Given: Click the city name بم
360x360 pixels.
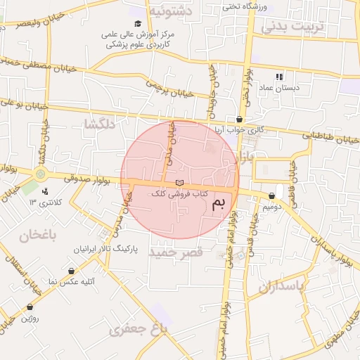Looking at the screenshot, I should [x=219, y=205].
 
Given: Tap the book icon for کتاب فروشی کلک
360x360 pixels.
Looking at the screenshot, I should [x=178, y=182].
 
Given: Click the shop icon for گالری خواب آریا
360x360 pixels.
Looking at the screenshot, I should [x=240, y=119].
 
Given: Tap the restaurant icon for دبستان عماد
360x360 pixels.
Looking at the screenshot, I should [x=279, y=77].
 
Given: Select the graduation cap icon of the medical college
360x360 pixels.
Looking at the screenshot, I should [x=137, y=23].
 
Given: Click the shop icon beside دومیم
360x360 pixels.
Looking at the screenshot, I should [x=272, y=195].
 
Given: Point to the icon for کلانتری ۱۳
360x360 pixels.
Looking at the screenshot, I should [x=46, y=191].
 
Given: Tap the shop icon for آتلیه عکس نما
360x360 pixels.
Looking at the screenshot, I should [x=72, y=271].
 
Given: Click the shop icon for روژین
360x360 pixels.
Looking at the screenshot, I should [x=30, y=307].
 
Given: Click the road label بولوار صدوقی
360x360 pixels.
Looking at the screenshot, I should [x=87, y=179].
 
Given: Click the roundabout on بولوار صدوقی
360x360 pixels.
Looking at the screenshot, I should [x=41, y=173].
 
